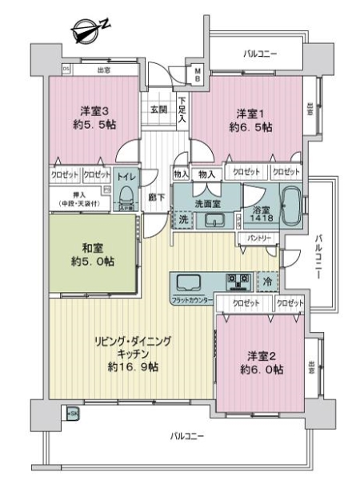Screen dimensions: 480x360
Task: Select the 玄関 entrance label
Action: [x=157, y=110]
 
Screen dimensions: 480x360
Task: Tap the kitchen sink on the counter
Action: [x=189, y=282]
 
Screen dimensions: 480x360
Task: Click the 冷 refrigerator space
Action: [x=267, y=282]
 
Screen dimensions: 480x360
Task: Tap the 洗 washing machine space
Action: [x=183, y=219]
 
